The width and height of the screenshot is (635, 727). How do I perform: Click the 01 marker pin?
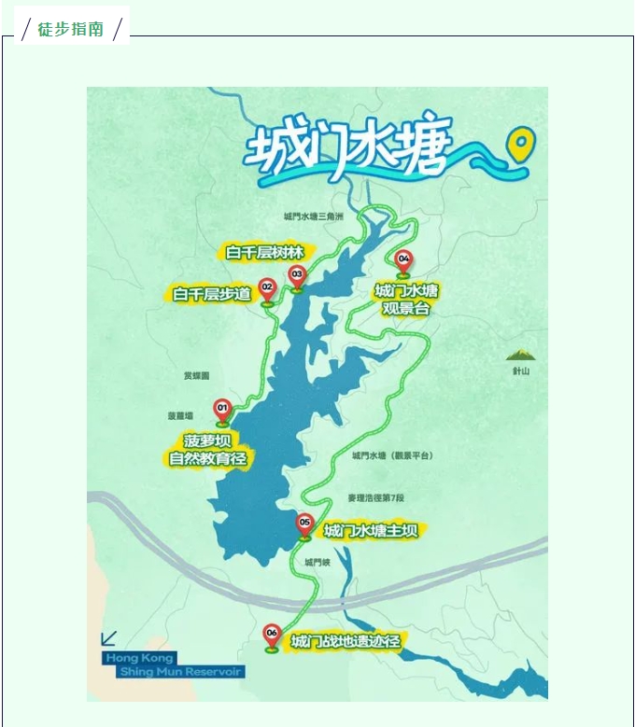pyautogui.click(x=222, y=410)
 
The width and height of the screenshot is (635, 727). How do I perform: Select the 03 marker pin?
pyautogui.click(x=297, y=276)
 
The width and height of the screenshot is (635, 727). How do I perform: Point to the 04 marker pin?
pyautogui.click(x=403, y=260)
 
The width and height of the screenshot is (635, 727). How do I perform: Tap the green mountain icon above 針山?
pyautogui.click(x=519, y=355)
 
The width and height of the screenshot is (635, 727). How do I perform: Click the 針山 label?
pyautogui.click(x=520, y=371)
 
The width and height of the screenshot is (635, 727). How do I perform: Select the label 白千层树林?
pyautogui.click(x=265, y=252)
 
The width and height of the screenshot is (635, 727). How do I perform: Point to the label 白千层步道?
pyautogui.click(x=212, y=294)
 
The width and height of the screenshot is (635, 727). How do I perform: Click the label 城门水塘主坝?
pyautogui.click(x=371, y=531)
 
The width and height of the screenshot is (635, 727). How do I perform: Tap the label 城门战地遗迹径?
pyautogui.click(x=346, y=642)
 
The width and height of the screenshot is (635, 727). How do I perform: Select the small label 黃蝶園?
pyautogui.click(x=196, y=375)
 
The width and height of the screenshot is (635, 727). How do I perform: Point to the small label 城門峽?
pyautogui.click(x=317, y=563)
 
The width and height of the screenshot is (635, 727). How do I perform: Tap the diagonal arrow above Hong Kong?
pyautogui.click(x=109, y=638)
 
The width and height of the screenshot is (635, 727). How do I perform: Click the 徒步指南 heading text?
pyautogui.click(x=71, y=29)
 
